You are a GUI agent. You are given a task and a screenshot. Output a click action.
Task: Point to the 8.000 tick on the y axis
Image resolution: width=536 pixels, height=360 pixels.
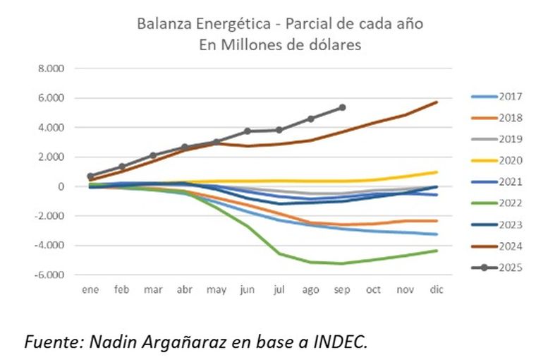[x=51, y=68]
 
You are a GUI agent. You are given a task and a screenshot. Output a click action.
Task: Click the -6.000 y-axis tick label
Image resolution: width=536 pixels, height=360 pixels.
[x=49, y=275]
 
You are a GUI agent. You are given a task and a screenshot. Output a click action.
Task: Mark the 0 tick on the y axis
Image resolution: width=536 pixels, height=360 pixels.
[x=61, y=186]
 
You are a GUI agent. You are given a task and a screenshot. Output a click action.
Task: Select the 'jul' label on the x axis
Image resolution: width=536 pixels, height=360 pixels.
[x=279, y=289]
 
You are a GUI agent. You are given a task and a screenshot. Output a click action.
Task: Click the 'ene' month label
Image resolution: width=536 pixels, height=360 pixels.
[x=90, y=289]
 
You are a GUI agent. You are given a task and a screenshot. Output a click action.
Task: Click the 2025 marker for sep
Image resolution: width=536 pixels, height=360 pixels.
[x=342, y=107]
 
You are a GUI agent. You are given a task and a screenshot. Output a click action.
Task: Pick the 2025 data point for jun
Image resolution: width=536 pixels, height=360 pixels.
[x=248, y=131]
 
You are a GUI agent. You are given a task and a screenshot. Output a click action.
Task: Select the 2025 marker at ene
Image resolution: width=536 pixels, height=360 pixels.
[x=90, y=176]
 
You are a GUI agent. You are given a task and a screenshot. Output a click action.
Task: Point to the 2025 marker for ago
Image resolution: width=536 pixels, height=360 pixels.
[x=310, y=119]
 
